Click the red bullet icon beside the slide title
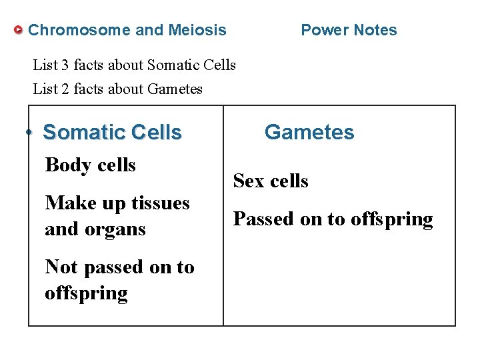click(x=19, y=30)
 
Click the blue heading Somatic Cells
click(x=112, y=132)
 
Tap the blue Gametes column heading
click(x=309, y=132)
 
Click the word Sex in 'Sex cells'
click(x=249, y=181)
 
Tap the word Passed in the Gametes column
click(x=261, y=219)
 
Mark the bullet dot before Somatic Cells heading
click(x=30, y=132)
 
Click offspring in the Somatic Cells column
click(x=86, y=294)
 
